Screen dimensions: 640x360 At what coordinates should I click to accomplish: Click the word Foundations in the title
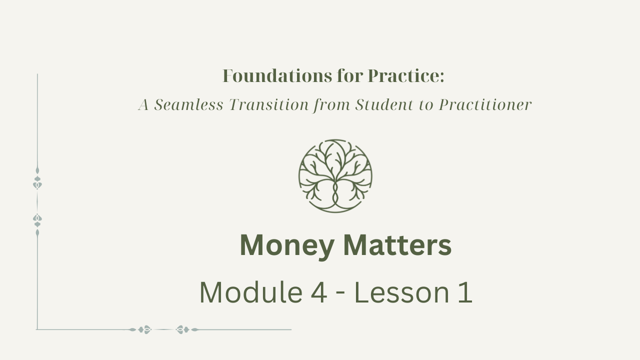coord(277,76)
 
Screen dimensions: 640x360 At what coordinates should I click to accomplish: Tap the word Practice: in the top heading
coord(406,76)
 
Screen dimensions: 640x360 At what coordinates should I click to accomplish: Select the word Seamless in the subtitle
coord(188,104)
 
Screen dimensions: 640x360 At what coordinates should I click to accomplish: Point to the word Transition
coord(269,104)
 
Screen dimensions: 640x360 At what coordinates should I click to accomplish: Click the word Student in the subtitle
coord(384,104)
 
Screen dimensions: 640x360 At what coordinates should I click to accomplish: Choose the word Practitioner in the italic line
coord(485,104)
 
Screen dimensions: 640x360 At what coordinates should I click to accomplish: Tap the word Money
coord(287,245)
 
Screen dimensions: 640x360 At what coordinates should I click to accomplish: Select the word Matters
coord(397,245)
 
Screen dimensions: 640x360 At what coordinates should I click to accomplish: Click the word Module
coord(251,292)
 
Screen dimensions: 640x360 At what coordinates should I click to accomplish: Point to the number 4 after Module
coord(318,292)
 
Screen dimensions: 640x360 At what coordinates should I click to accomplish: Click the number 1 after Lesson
coord(465,292)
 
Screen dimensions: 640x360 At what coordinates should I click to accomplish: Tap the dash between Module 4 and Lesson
coord(340,294)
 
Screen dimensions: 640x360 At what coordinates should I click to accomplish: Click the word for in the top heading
coord(350,76)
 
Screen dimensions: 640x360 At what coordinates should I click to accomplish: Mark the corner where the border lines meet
coord(37,329)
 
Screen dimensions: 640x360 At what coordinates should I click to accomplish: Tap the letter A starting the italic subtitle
coord(143,104)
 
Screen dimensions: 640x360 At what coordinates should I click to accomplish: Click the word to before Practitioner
coord(426,105)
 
